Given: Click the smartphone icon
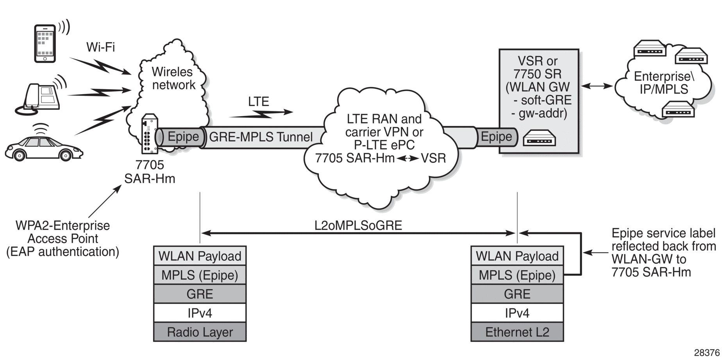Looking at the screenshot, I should pyautogui.click(x=45, y=43).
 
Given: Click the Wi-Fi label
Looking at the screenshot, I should pyautogui.click(x=100, y=47).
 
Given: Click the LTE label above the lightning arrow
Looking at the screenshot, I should pyautogui.click(x=258, y=102).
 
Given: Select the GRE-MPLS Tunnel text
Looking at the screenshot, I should pyautogui.click(x=261, y=137).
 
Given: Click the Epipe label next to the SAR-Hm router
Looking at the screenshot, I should pyautogui.click(x=183, y=137).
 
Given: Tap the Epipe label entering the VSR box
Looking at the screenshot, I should pyautogui.click(x=496, y=137).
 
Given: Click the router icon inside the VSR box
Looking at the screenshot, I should pyautogui.click(x=539, y=138).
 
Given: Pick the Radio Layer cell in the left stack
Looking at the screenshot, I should pyautogui.click(x=200, y=332).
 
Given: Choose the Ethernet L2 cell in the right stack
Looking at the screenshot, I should pyautogui.click(x=517, y=332).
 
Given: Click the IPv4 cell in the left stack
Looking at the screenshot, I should pyautogui.click(x=200, y=313).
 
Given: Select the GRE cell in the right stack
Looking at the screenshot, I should pyautogui.click(x=517, y=294).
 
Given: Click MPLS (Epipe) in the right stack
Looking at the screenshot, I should pyautogui.click(x=517, y=275).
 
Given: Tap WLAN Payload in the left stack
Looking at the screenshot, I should pyautogui.click(x=200, y=256).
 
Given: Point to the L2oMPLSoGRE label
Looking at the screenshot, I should pyautogui.click(x=358, y=226).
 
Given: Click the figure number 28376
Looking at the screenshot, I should pyautogui.click(x=706, y=353).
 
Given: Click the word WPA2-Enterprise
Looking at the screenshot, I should pyautogui.click(x=63, y=226).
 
